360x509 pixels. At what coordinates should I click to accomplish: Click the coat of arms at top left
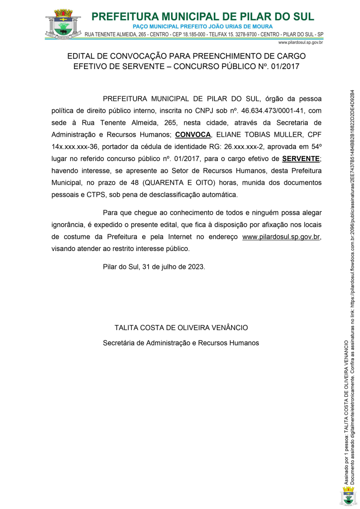[x=62, y=23]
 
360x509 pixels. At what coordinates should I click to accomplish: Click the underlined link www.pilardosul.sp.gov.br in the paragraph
[x=281, y=237]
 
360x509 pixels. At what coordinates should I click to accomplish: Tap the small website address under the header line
[x=301, y=43]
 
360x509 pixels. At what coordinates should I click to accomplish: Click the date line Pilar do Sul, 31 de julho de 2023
[x=154, y=266]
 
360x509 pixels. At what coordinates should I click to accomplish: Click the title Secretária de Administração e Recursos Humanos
[x=181, y=343]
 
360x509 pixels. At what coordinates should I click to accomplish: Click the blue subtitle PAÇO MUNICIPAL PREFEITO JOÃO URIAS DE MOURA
[x=203, y=26]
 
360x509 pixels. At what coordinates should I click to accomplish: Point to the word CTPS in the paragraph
[x=95, y=194]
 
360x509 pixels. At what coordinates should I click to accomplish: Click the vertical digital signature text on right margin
[x=350, y=288]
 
